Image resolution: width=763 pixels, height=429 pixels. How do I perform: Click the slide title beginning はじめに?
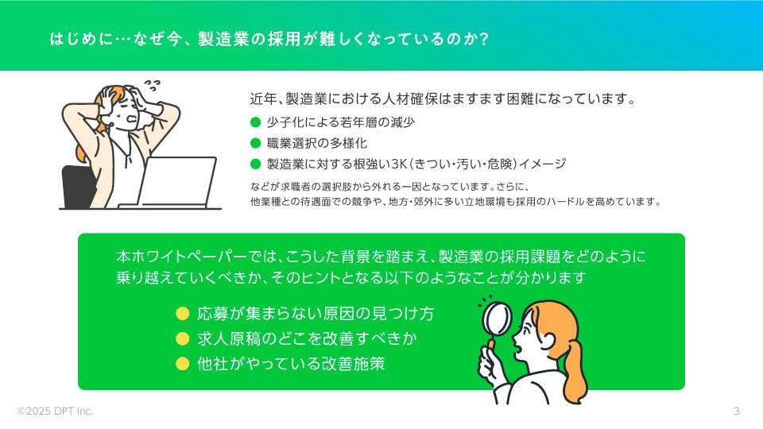tap(269, 39)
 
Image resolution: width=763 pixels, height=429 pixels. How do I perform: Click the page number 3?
tap(736, 411)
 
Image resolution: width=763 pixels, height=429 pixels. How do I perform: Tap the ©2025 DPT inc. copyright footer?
tap(55, 411)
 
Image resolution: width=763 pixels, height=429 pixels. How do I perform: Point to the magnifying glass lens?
tap(497, 319)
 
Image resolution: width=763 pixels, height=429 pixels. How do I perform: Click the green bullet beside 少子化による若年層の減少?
tap(255, 122)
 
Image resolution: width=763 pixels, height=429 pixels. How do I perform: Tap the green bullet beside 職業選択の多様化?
tap(255, 143)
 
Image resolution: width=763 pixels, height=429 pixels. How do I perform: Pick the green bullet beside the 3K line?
tap(255, 164)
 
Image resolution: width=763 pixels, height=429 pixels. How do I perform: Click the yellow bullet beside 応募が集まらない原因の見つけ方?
tap(183, 313)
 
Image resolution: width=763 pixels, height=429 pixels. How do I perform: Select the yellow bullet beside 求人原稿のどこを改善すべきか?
tap(183, 338)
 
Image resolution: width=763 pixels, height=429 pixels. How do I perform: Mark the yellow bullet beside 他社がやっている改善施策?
tap(183, 363)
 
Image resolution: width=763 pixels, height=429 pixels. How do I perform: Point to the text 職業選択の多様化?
tap(317, 143)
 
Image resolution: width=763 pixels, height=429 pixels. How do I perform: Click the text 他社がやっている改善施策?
tap(291, 363)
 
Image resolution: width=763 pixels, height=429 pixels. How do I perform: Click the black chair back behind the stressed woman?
tap(78, 186)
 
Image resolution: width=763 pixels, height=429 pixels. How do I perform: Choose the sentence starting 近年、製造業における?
tap(443, 99)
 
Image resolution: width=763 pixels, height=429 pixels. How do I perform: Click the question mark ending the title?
tap(483, 39)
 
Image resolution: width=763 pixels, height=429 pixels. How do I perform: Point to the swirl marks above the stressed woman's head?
tap(153, 85)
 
